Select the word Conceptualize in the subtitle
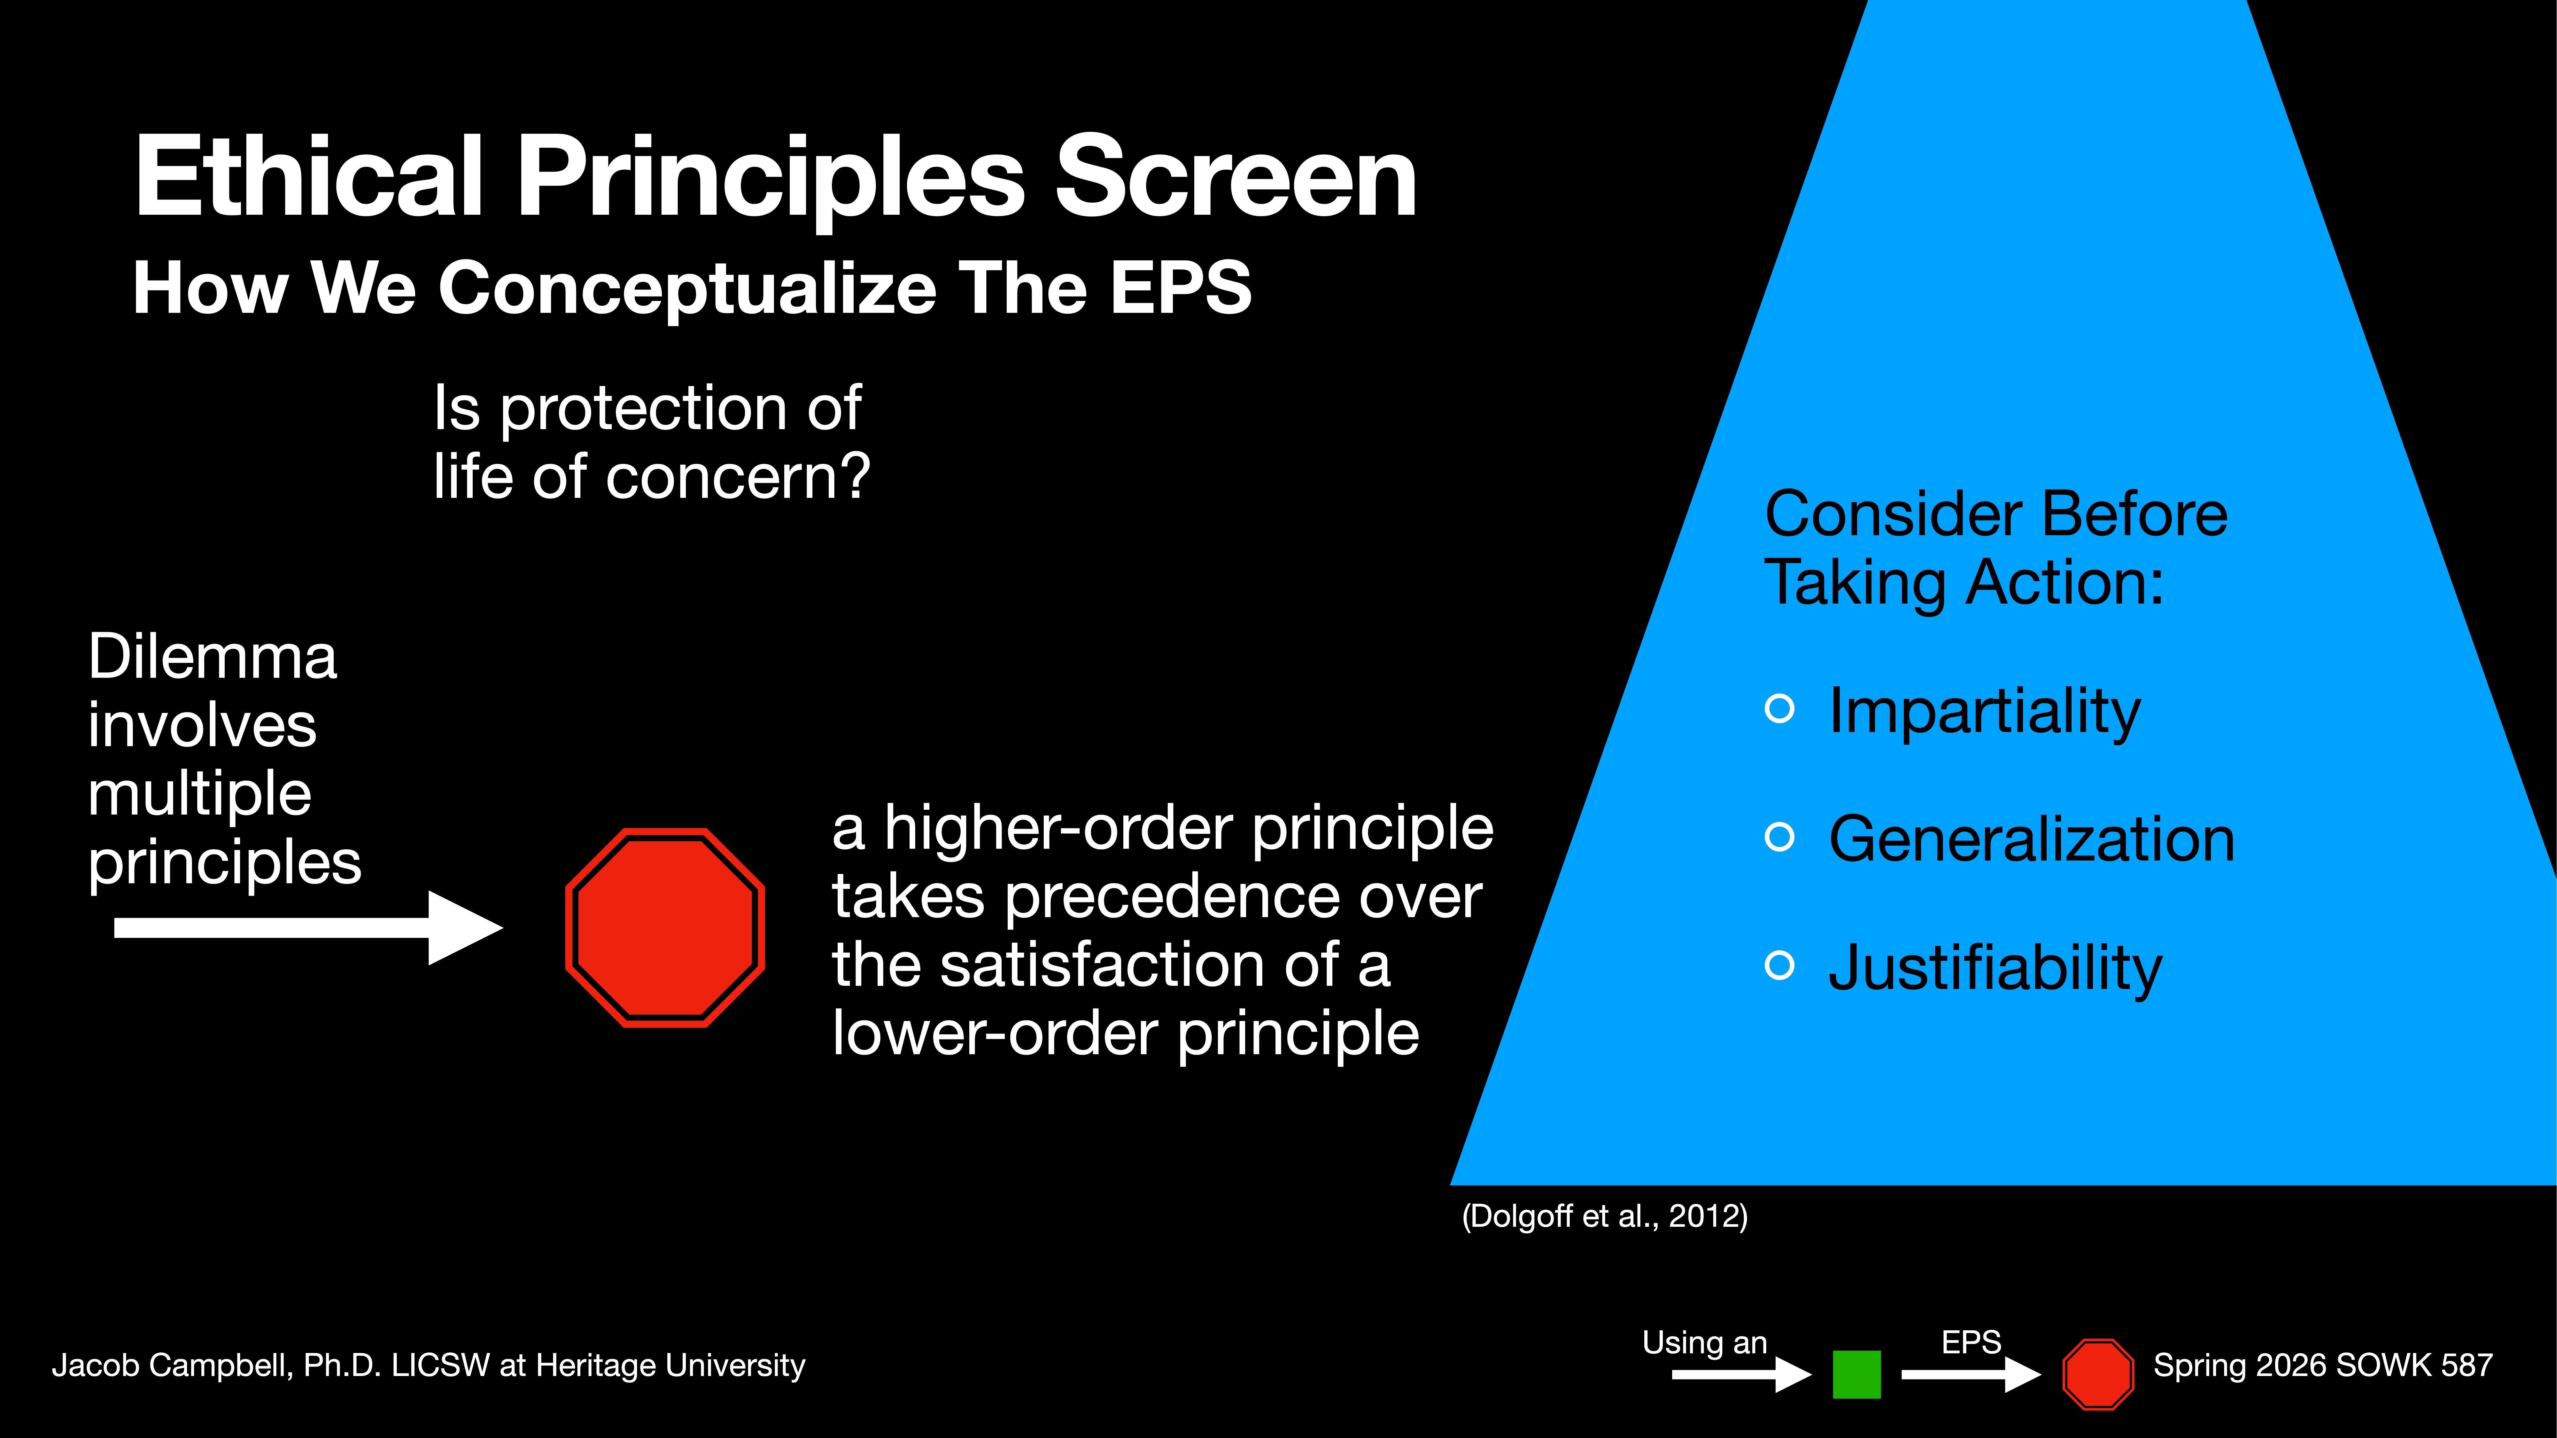(x=687, y=288)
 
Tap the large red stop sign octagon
(x=665, y=927)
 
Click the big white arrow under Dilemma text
(x=308, y=927)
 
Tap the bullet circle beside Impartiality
(x=1780, y=708)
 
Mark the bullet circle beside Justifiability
(x=1780, y=965)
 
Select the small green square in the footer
(x=1856, y=1374)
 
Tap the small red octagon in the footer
(x=2097, y=1374)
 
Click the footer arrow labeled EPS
(x=1970, y=1374)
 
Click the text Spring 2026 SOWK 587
(x=2323, y=1365)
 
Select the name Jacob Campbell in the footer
(x=171, y=1365)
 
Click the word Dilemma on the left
(x=213, y=657)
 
